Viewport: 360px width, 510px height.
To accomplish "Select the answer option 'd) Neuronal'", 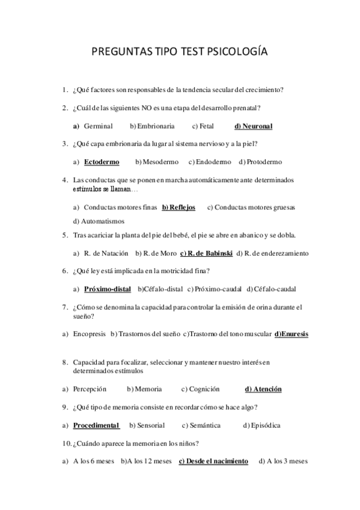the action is click(253, 126).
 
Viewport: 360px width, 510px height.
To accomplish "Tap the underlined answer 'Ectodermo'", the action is click(102, 162).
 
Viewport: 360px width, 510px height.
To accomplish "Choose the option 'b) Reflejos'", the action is click(178, 207).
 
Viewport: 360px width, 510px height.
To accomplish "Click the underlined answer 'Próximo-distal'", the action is click(108, 289).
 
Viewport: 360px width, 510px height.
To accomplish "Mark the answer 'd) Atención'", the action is click(263, 389).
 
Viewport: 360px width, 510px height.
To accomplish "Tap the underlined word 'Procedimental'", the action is click(96, 425).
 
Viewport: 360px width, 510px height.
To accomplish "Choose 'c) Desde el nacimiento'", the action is click(213, 461).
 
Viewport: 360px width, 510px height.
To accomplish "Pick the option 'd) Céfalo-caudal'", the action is click(271, 289).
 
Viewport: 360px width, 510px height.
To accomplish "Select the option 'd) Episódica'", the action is click(261, 425).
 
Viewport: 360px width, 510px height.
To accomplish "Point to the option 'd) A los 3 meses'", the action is click(282, 461).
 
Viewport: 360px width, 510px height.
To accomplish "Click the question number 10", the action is click(66, 444).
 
